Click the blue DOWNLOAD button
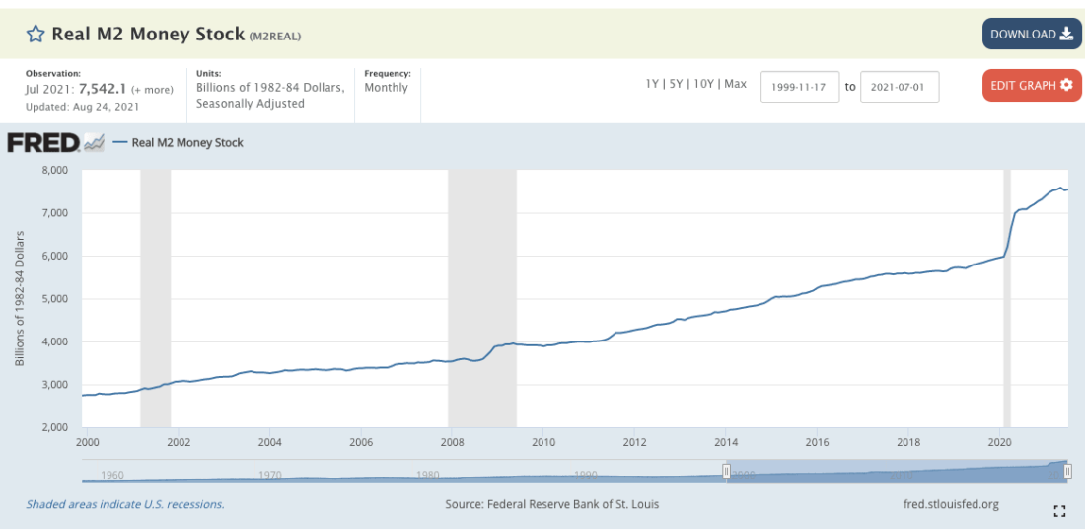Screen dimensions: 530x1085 (1032, 34)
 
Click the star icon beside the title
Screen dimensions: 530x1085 (36, 35)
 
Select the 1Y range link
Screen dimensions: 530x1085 (652, 84)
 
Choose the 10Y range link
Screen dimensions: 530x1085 (703, 84)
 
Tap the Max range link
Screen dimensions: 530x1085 (736, 84)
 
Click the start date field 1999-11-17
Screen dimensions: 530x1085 (800, 86)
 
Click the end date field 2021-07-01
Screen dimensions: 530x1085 (900, 86)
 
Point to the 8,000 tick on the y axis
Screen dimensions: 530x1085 (53, 170)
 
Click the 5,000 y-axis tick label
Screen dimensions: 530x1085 (53, 299)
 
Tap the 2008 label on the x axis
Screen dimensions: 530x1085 (452, 441)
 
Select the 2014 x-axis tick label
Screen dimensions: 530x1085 (726, 441)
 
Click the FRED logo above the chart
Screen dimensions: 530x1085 (43, 143)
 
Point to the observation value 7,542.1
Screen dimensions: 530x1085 (100, 89)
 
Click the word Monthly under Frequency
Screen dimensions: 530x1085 (386, 88)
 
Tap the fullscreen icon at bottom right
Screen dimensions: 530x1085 (1060, 510)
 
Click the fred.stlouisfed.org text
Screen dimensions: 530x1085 (951, 504)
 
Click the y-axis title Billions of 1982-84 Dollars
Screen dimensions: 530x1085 (20, 299)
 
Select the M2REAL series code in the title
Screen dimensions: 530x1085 (275, 37)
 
